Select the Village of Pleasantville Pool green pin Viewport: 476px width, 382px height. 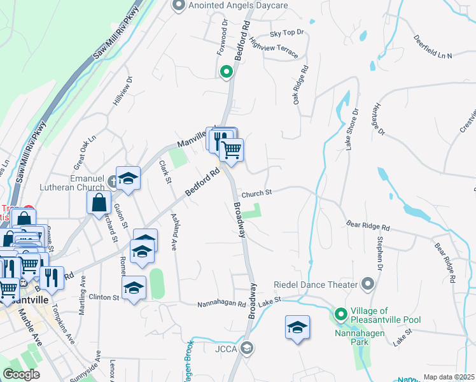(x=340, y=314)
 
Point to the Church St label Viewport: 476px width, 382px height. (x=256, y=192)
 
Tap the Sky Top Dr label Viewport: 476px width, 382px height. (x=287, y=32)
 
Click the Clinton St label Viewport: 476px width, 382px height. (x=107, y=297)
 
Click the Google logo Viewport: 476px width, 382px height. (x=21, y=374)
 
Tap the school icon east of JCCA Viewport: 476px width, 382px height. (x=297, y=328)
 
